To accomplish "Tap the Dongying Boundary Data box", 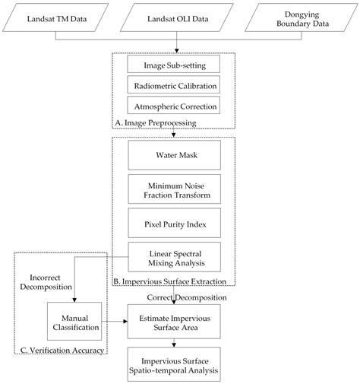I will pyautogui.click(x=302, y=18).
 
